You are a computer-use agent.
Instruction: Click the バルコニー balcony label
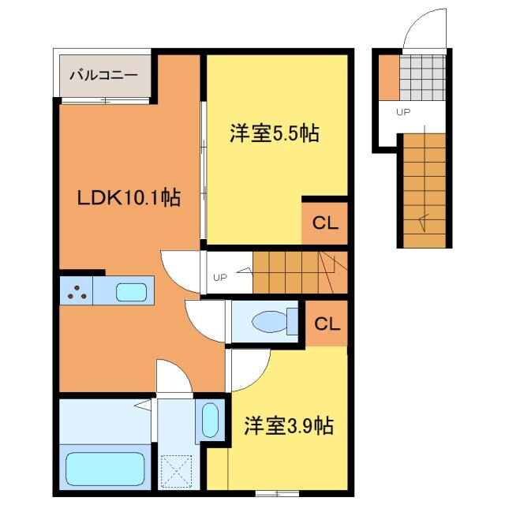[x=103, y=76]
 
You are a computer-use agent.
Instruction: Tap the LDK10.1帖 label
[x=129, y=197]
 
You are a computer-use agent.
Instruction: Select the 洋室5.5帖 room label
[x=275, y=133]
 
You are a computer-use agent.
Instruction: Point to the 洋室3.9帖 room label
[x=289, y=426]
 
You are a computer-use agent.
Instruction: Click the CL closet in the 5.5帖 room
[x=325, y=223]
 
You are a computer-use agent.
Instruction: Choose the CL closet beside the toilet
[x=327, y=324]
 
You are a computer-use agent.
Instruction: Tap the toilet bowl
[x=270, y=321]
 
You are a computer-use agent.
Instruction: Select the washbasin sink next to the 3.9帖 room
[x=211, y=420]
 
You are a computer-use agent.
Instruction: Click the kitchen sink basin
[x=132, y=292]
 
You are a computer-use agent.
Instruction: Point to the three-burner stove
[x=77, y=290]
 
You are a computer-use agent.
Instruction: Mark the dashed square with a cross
[x=176, y=471]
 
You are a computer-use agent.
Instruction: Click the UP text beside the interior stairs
[x=220, y=277]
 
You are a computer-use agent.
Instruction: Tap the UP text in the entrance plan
[x=403, y=112]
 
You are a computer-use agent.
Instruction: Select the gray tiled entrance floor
[x=423, y=77]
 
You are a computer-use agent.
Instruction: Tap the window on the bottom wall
[x=277, y=493]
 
